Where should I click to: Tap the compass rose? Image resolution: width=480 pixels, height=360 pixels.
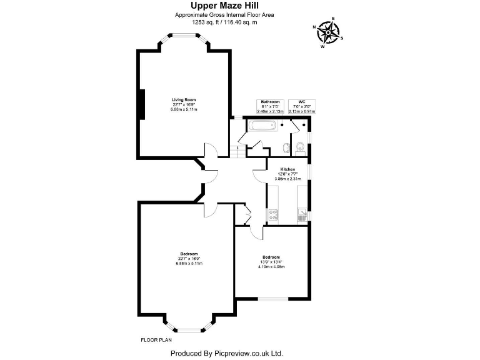click(x=327, y=31)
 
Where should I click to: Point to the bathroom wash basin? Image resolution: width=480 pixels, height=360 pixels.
click(x=286, y=148)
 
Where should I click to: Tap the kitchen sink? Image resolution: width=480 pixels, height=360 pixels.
click(x=302, y=215)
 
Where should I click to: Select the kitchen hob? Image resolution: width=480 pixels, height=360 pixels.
click(x=273, y=214)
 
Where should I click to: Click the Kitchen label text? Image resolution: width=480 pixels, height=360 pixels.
click(x=287, y=169)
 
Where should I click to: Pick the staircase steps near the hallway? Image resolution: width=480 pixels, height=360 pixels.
click(x=236, y=151)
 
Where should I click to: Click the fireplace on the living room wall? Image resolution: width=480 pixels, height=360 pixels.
click(x=142, y=103)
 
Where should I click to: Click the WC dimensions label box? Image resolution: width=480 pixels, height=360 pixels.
click(x=302, y=106)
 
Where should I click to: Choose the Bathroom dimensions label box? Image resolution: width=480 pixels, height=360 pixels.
click(x=270, y=106)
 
